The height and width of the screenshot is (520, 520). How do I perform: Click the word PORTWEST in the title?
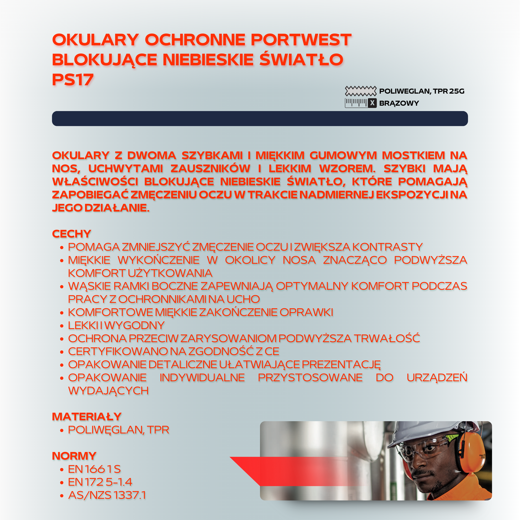click(301, 40)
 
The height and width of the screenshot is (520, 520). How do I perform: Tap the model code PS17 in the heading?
click(73, 80)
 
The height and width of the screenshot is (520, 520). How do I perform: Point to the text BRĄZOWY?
click(399, 103)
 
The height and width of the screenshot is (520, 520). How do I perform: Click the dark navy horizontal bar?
click(260, 118)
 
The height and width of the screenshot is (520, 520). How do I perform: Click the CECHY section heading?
click(72, 234)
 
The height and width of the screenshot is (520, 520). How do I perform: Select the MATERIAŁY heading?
click(87, 417)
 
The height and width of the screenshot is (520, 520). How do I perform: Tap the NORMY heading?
click(74, 456)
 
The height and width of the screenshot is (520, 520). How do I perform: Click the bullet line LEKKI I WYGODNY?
click(116, 325)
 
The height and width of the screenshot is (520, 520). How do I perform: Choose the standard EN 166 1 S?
click(94, 469)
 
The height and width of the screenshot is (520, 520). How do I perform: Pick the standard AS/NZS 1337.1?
click(107, 495)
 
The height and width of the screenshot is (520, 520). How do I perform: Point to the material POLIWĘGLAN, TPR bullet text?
click(118, 430)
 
